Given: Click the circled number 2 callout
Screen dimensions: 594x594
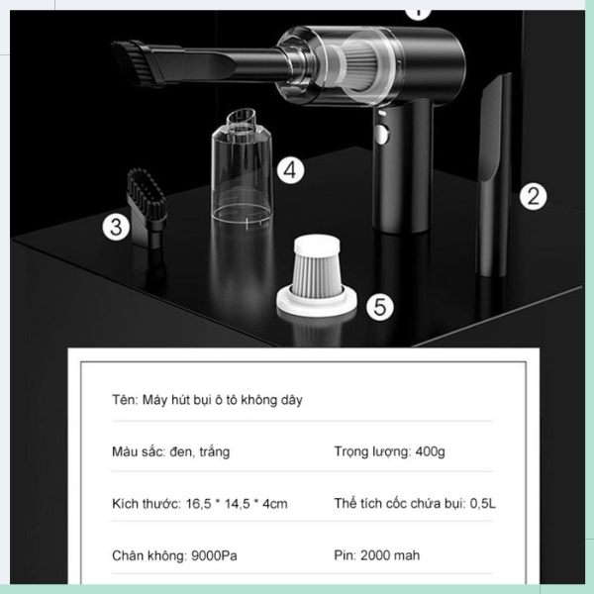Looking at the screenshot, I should (x=533, y=195).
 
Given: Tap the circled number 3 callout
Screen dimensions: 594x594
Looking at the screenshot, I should (x=117, y=228).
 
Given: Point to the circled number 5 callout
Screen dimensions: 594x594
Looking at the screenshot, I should (x=380, y=306).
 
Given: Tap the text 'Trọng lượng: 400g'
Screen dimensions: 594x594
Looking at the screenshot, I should (x=389, y=451).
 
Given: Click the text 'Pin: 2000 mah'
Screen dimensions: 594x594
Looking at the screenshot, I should (x=375, y=555).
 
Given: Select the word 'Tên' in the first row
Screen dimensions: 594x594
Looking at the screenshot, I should (x=124, y=400).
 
